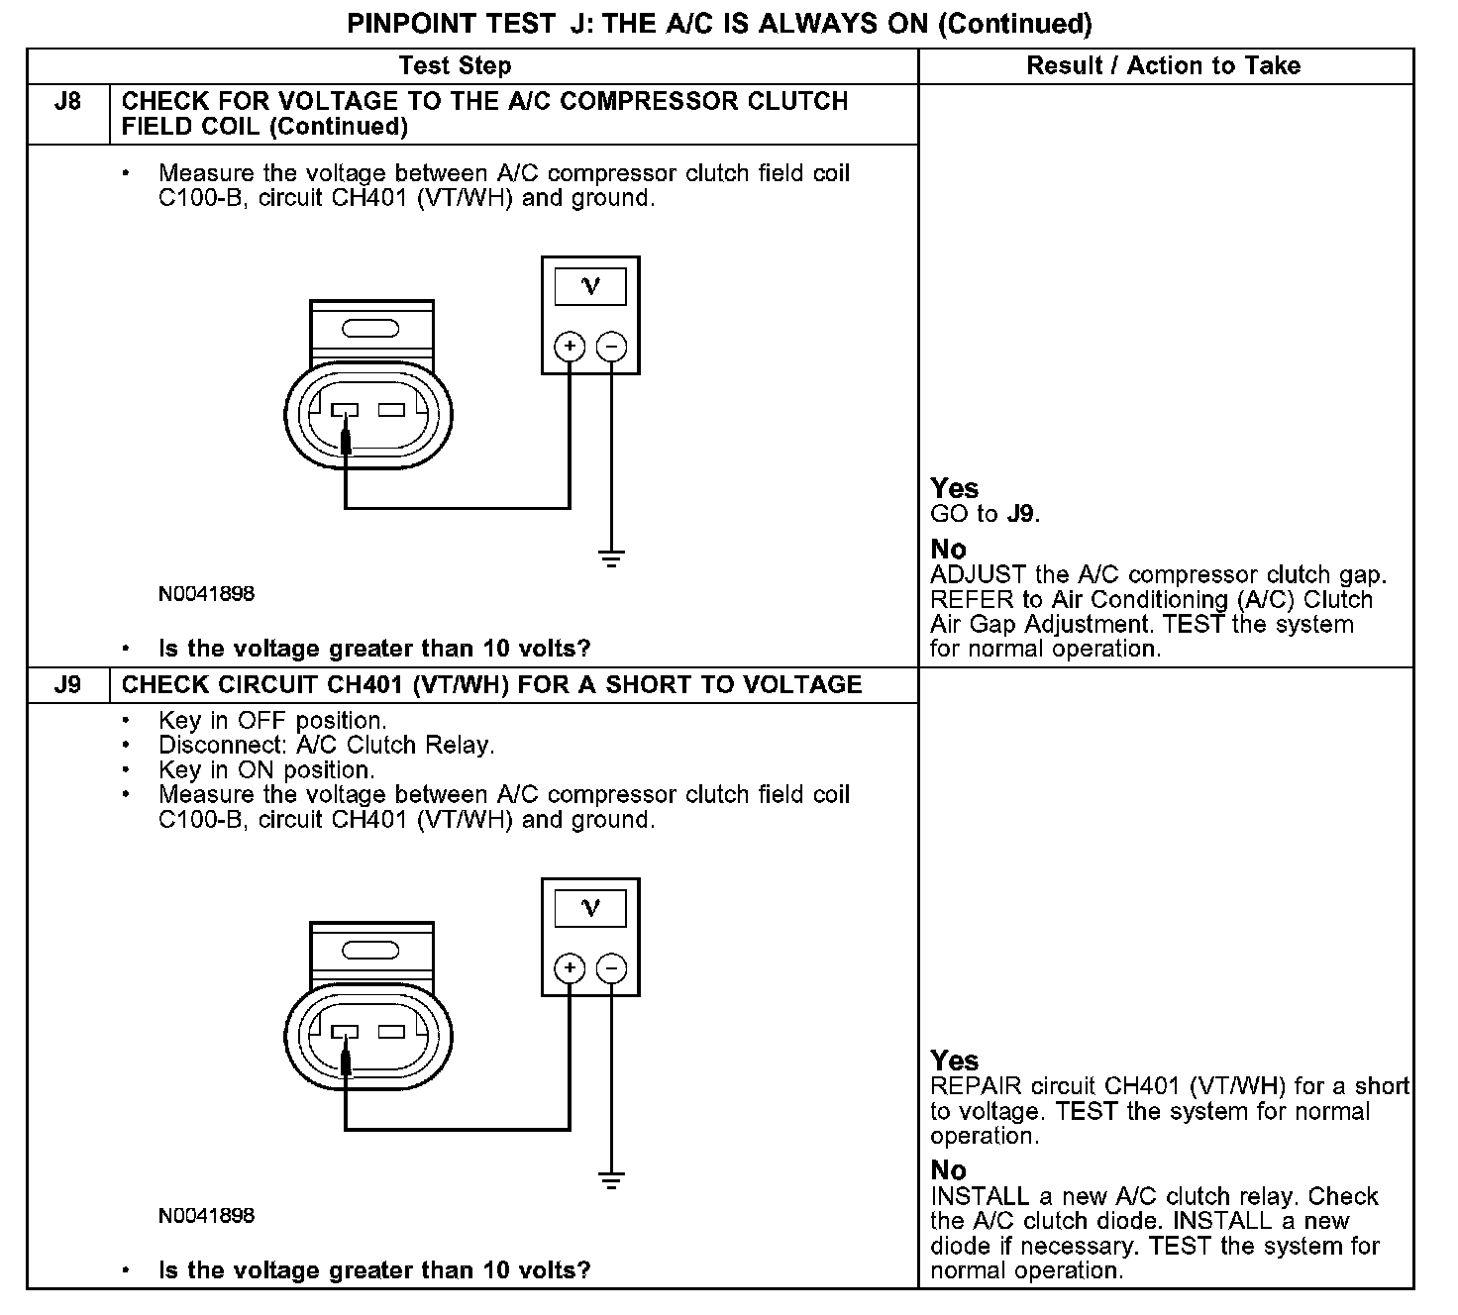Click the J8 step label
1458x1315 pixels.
[67, 102]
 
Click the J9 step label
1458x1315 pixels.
[67, 685]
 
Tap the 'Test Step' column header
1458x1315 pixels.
[455, 66]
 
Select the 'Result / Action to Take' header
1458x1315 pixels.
[1163, 66]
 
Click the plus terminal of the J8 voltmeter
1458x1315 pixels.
[570, 347]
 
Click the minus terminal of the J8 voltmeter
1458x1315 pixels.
[612, 347]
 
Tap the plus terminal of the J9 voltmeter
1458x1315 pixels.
[570, 968]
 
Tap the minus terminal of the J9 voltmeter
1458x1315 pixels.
[612, 968]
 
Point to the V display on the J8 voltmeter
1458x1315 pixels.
[590, 287]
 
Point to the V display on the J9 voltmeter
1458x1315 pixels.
[590, 908]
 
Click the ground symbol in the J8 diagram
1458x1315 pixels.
[612, 558]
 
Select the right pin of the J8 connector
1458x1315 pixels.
[392, 410]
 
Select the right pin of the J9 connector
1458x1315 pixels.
[392, 1032]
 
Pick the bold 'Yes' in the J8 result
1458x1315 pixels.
[955, 488]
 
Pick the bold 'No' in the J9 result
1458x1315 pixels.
[948, 1170]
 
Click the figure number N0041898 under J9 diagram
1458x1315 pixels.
[206, 1215]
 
